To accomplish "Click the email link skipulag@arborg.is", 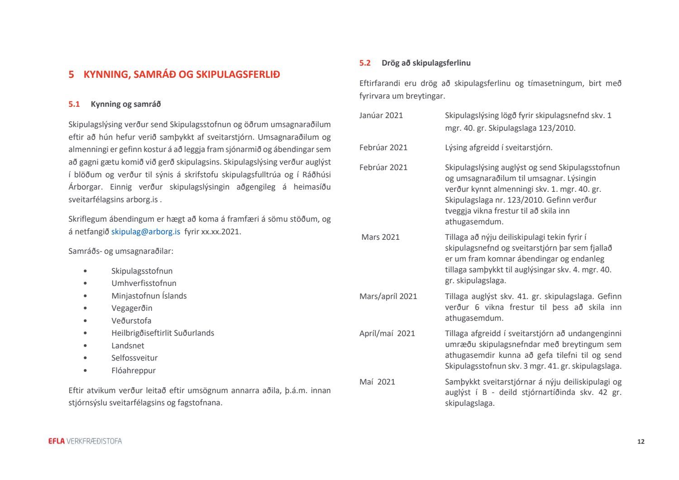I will pos(145,232).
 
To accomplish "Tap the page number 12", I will pos(641,442).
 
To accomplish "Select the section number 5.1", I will pos(74,104).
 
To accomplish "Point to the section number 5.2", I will pos(365,63).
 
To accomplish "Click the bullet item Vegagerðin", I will pos(132,308).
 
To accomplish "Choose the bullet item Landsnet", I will pos(128,346).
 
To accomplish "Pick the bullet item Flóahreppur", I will pos(134,371).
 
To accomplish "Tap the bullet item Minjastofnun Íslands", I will pos(149,296).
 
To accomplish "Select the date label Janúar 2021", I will pos(381,115).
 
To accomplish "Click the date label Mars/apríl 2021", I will pos(388,296).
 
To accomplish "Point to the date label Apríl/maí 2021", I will pos(387,333).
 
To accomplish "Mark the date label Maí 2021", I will pos(377,382).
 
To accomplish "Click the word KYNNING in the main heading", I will pos(105,75).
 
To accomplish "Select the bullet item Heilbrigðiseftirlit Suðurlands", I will pos(163,333).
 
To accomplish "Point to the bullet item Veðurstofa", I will pos(131,321).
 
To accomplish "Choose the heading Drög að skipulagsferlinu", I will pos(426,63).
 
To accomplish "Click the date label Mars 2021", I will pos(380,237).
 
